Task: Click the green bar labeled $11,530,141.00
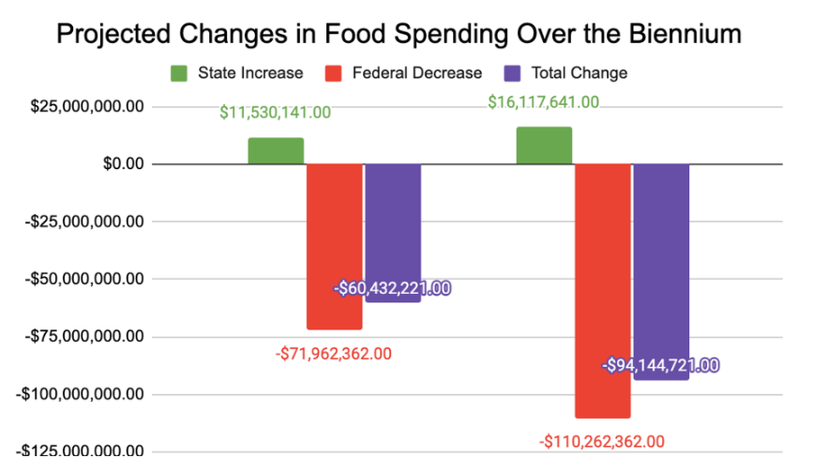pyautogui.click(x=276, y=151)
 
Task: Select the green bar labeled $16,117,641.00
pyautogui.click(x=544, y=145)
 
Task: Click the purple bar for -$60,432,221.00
pyautogui.click(x=393, y=225)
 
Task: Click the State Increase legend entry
pyautogui.click(x=237, y=72)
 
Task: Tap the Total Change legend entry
pyautogui.click(x=566, y=72)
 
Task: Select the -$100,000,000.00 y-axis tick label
pyautogui.click(x=80, y=394)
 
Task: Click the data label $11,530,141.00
pyautogui.click(x=276, y=113)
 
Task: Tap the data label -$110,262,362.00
pyautogui.click(x=602, y=441)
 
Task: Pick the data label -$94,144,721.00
pyautogui.click(x=661, y=365)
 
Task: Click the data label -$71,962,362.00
pyautogui.click(x=334, y=354)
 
